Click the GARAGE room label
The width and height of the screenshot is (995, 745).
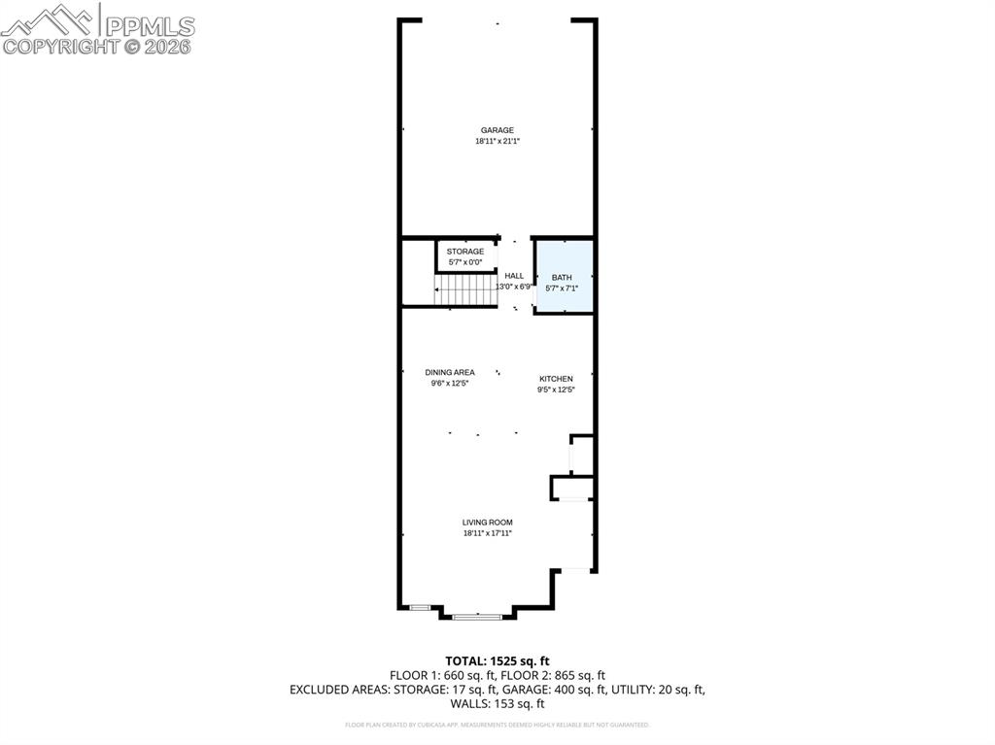[x=497, y=130]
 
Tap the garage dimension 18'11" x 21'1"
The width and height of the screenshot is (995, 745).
[x=497, y=142]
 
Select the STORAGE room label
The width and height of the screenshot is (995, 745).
[x=465, y=252]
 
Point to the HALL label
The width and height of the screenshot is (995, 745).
[x=514, y=276]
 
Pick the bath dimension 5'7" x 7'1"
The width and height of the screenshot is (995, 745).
[x=563, y=288]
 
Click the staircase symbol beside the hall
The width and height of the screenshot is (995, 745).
[x=464, y=289]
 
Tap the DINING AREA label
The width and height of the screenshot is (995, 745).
[x=450, y=372]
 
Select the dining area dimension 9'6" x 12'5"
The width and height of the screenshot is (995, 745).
[x=450, y=384]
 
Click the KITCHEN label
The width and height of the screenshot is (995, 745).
[x=557, y=379]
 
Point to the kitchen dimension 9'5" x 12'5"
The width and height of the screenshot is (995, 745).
[x=557, y=390]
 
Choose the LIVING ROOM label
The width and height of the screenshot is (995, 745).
[x=487, y=523]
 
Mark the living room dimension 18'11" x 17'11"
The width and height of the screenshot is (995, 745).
[x=487, y=533]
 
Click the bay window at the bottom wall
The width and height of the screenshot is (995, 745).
[x=477, y=616]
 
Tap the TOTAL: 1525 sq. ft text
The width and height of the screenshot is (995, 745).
[x=497, y=661]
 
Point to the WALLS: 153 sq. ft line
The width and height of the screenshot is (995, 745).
[x=497, y=704]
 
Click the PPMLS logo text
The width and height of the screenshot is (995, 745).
[x=150, y=26]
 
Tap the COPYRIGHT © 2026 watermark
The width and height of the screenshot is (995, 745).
[x=97, y=46]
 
